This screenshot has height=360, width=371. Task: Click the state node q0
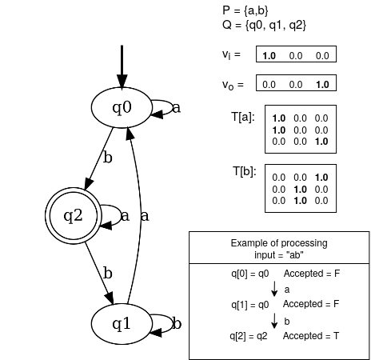tap(122, 106)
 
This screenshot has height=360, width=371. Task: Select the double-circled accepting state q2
tap(74, 215)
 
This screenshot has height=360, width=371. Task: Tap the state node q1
tap(122, 324)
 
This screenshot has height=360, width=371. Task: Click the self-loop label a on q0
tap(176, 108)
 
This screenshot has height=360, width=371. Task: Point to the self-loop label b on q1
tap(177, 324)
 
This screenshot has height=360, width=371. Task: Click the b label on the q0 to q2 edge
tap(107, 158)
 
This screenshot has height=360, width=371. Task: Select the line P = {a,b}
tap(249, 10)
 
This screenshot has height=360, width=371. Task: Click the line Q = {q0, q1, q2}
tap(265, 25)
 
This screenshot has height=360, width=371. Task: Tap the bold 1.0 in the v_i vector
tap(269, 55)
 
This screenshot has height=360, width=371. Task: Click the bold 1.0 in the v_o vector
tap(321, 84)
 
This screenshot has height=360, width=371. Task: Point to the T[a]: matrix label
tap(242, 118)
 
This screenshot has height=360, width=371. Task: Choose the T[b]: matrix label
tap(242, 172)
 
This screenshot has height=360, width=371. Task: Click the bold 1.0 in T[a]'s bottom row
tap(321, 142)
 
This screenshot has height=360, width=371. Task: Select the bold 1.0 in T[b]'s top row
tap(321, 177)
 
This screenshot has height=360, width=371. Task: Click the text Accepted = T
tap(312, 335)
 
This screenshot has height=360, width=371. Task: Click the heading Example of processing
tap(278, 242)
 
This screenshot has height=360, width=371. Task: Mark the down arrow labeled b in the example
tap(276, 320)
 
